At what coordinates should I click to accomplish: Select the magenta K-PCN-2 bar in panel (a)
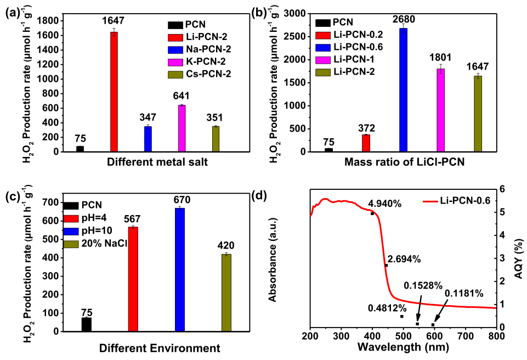coord(182,128)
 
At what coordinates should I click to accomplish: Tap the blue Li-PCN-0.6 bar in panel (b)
coord(404,90)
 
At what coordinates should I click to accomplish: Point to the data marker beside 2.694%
coord(386,266)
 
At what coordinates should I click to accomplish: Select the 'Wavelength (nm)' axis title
coord(403,347)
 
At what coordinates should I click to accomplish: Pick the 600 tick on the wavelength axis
coord(434,336)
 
